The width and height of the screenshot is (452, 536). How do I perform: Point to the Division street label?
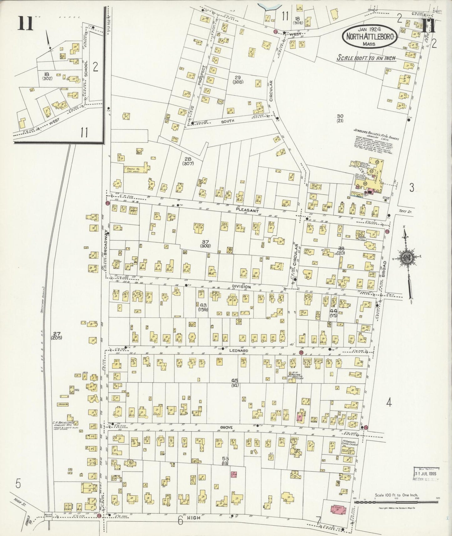241,287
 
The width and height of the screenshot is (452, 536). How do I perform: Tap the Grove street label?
234,427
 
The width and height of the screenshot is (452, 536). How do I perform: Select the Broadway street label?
106,241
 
